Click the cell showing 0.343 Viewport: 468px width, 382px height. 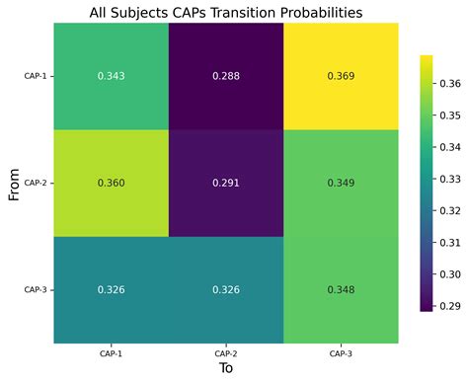[111, 76]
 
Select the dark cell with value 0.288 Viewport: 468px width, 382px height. [226, 76]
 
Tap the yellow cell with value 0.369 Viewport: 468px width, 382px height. [342, 76]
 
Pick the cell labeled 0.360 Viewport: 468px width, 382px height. [111, 183]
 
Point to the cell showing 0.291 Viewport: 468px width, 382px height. [226, 183]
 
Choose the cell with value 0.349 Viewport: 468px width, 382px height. [342, 183]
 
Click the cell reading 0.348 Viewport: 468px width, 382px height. [342, 290]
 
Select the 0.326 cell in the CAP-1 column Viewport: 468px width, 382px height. [111, 290]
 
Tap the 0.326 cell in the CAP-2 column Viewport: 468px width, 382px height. [226, 290]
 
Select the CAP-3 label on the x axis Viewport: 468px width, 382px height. [342, 352]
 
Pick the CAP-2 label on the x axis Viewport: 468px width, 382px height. [226, 352]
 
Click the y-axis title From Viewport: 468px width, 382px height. [15, 184]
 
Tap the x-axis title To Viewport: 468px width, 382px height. [226, 369]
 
